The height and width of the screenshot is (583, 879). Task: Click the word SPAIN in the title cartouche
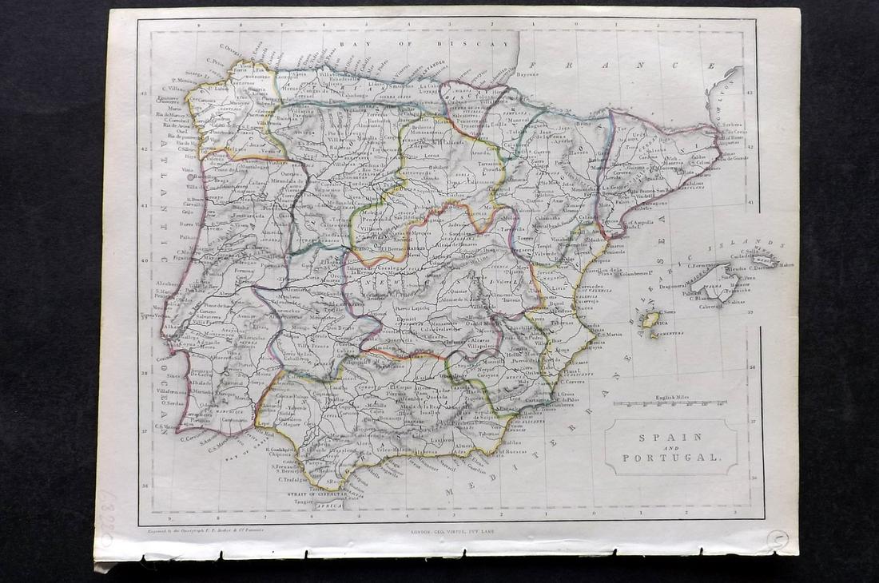tap(670, 437)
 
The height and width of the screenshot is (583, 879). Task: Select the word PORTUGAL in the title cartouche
tap(670, 458)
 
